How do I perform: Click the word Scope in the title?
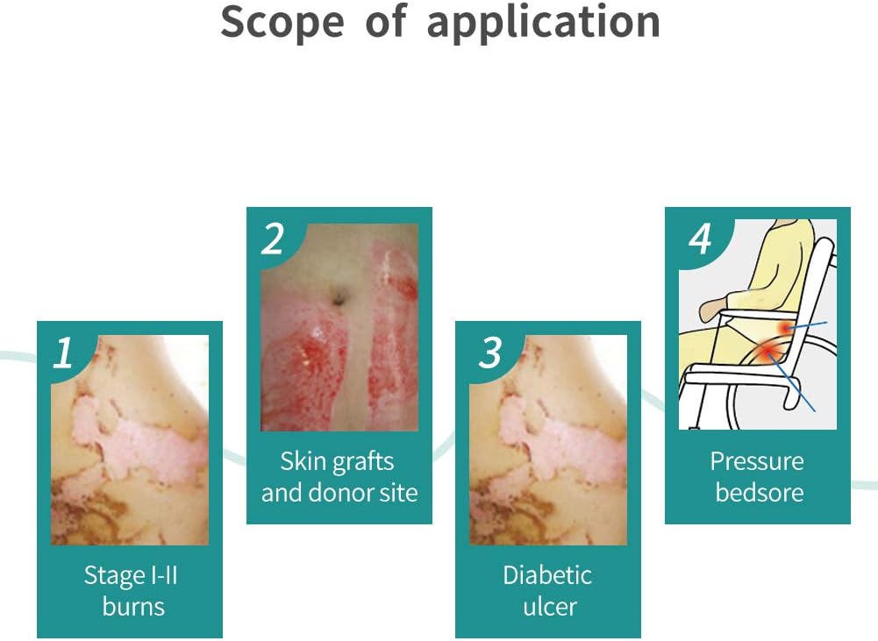click(x=282, y=23)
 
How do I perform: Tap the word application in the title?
click(x=543, y=23)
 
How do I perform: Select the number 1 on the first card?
click(x=63, y=353)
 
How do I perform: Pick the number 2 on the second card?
click(x=273, y=239)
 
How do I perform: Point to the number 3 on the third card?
click(x=490, y=353)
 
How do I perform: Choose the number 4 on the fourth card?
click(x=701, y=239)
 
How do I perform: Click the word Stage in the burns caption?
click(x=111, y=576)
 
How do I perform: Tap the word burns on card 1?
click(x=133, y=606)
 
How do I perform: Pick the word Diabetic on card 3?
click(x=547, y=575)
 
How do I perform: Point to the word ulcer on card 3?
click(x=550, y=607)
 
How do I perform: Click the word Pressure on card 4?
click(x=757, y=462)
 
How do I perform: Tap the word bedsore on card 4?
click(x=760, y=493)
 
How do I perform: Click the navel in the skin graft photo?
click(x=339, y=297)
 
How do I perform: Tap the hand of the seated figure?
click(x=711, y=309)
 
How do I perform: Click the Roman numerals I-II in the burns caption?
click(x=161, y=575)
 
